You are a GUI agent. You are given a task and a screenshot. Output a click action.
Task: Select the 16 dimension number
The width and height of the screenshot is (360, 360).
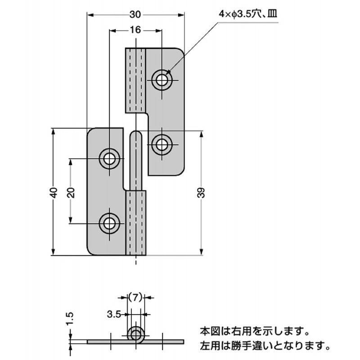[135, 30]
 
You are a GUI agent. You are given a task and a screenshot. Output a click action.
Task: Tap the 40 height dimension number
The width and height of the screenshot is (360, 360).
[54, 193]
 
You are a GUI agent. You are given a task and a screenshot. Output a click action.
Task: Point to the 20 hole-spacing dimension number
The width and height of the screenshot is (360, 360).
[71, 193]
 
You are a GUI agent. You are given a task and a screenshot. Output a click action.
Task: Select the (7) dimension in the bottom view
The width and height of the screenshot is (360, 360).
[135, 297]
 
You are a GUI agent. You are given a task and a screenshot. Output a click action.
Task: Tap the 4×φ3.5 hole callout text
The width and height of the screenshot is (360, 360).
[247, 14]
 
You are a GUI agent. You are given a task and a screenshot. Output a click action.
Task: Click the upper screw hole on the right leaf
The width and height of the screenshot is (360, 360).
[161, 80]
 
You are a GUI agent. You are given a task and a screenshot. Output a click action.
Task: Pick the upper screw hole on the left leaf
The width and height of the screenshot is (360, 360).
[109, 158]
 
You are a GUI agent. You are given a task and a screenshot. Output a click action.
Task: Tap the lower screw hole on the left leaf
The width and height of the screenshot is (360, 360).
[109, 223]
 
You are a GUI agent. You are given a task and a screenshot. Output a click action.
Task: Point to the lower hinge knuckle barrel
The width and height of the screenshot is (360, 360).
[135, 223]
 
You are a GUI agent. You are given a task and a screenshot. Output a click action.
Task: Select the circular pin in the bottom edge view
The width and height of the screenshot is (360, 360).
[135, 335]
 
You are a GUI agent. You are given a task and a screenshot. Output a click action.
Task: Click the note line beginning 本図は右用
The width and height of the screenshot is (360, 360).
[254, 333]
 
